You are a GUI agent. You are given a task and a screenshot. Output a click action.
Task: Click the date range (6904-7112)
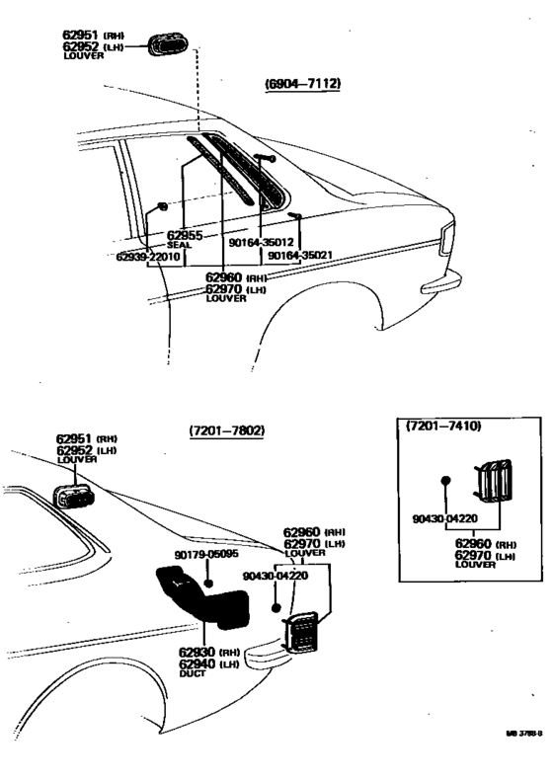[302, 84]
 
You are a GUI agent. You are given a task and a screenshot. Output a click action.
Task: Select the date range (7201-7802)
[227, 431]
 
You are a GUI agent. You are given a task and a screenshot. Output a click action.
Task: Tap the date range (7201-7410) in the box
[443, 427]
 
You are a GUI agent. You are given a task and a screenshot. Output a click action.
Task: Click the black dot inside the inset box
[445, 481]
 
